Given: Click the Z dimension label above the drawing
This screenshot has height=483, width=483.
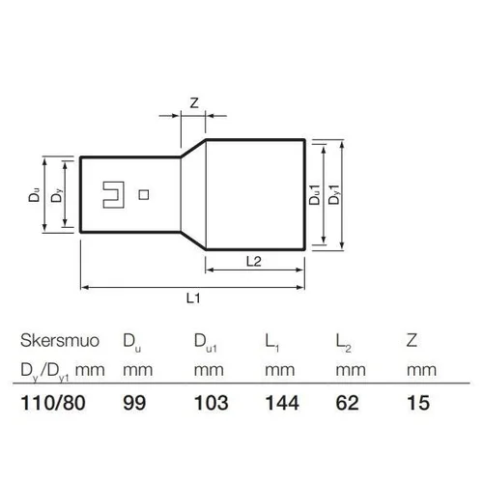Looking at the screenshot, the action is click(194, 103).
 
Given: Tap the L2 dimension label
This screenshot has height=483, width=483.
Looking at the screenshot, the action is click(254, 262).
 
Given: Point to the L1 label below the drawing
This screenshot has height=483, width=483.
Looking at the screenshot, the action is click(193, 298).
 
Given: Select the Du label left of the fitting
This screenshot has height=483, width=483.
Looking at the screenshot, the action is click(34, 195).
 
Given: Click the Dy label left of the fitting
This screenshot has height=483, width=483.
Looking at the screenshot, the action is click(56, 195).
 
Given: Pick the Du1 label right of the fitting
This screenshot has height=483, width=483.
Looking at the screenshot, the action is click(315, 195).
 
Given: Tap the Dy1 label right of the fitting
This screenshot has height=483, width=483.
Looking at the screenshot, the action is click(334, 194).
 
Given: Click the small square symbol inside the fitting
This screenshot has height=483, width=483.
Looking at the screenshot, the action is click(144, 195).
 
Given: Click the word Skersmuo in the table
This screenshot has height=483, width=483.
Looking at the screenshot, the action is click(60, 341).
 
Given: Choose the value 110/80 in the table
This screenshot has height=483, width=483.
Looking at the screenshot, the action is click(53, 403).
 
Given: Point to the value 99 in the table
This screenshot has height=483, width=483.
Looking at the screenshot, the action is click(134, 403).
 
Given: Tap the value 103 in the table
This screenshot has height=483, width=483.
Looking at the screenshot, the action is click(212, 403).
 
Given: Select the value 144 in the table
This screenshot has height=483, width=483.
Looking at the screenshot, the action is click(282, 403).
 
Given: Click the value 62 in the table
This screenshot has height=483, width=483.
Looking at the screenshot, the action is click(347, 403).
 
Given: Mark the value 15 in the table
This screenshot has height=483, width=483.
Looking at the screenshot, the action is click(418, 403).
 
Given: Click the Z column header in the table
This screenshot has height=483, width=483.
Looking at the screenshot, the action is click(412, 340).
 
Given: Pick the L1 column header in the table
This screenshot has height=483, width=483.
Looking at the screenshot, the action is click(272, 343).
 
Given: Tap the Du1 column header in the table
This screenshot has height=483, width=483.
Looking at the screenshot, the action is click(206, 343).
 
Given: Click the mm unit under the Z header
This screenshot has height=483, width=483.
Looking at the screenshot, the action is click(421, 370).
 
